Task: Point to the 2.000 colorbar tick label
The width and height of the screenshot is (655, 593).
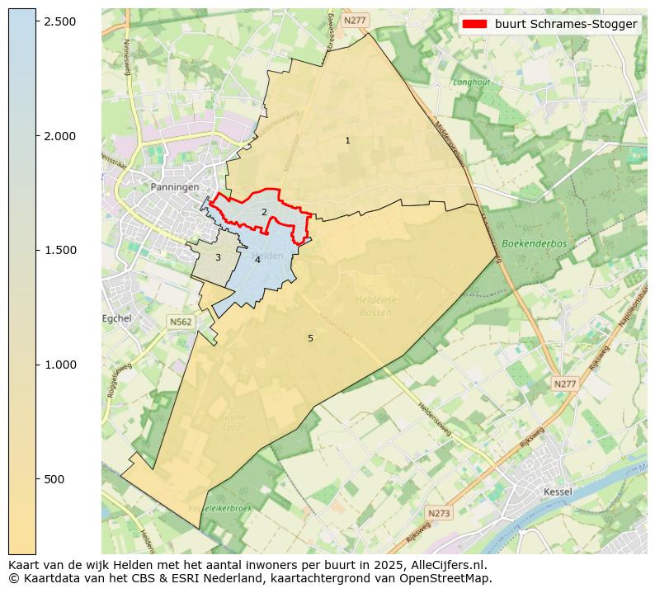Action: tap(59, 136)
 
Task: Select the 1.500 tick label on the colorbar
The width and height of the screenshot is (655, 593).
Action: tap(59, 251)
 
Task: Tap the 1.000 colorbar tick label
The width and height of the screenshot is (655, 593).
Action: tap(59, 365)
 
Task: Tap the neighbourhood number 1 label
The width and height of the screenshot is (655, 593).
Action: tap(347, 141)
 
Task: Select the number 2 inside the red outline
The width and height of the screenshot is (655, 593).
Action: tap(264, 213)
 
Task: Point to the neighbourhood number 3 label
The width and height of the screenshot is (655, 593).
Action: tap(218, 258)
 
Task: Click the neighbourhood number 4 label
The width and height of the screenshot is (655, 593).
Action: tap(257, 261)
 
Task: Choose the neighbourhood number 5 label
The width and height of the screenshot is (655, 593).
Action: tap(310, 339)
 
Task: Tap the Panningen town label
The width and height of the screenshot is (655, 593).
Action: tap(175, 187)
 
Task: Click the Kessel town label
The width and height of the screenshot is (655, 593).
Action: tap(558, 492)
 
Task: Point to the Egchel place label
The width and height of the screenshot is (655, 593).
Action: tap(116, 318)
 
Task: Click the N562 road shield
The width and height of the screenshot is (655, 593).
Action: tap(180, 322)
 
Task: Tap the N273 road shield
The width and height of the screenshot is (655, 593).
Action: tap(440, 513)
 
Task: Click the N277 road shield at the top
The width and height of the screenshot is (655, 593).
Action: tap(356, 20)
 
